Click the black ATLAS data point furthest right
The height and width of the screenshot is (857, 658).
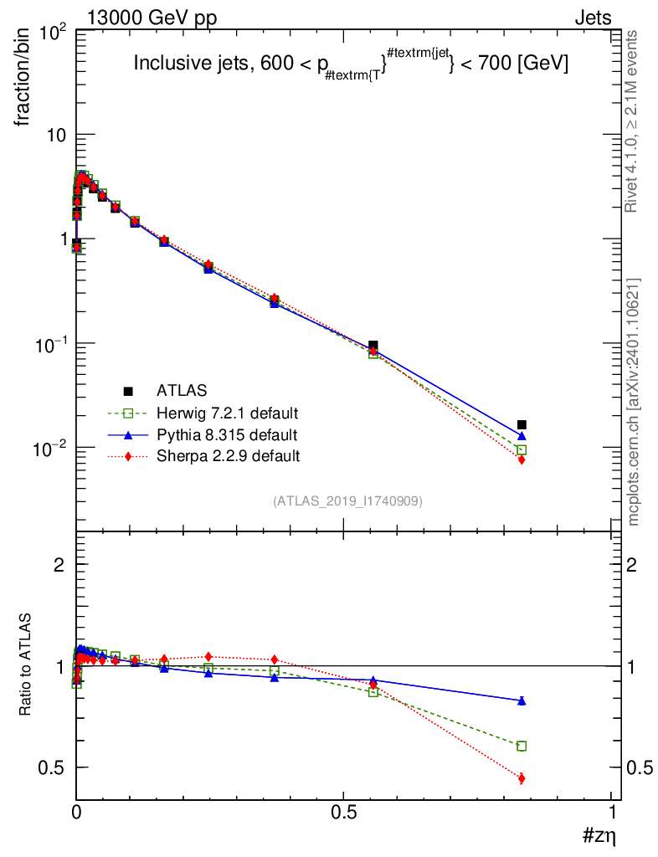pos(522,424)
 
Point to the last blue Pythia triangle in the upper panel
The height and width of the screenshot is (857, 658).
pos(522,436)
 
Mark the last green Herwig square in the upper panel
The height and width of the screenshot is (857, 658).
pos(522,449)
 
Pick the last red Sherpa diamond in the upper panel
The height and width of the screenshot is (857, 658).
pos(522,459)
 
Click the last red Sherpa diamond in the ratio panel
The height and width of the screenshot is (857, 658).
pos(522,778)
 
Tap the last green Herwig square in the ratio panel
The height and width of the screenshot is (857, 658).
pos(522,746)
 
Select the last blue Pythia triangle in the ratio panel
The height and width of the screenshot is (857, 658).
pos(522,700)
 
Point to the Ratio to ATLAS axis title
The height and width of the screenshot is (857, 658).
pos(27,666)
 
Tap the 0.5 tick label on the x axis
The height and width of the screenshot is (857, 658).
pos(343,813)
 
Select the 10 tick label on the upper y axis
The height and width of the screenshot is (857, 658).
pos(54,136)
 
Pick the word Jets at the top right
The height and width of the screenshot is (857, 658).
pos(592,17)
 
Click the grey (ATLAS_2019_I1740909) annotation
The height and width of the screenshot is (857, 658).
pos(347,501)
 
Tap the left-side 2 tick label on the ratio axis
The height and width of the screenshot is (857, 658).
pos(59,565)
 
